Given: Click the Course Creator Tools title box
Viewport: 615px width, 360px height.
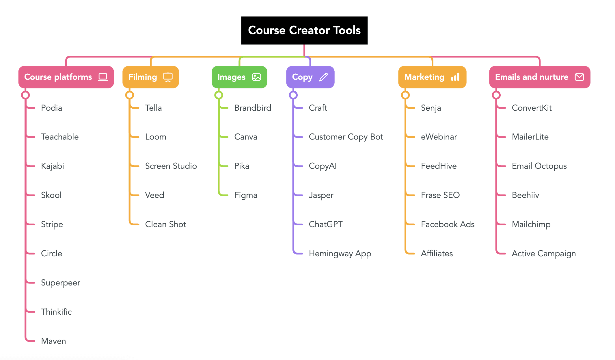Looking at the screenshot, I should [304, 30].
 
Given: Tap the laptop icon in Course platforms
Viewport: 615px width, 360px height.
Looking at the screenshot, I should [103, 77].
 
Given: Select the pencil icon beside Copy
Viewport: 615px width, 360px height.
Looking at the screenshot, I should [323, 77].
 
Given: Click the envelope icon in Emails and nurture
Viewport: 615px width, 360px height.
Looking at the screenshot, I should [579, 77].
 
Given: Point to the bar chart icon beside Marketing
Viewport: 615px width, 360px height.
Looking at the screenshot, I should [455, 77].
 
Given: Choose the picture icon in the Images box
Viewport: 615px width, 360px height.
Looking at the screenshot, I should [256, 77].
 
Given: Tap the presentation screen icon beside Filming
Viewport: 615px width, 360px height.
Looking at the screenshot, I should [168, 77].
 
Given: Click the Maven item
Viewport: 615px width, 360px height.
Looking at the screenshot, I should [53, 341].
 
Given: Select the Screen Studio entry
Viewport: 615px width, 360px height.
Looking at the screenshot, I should [171, 166].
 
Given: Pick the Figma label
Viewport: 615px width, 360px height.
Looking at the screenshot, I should [246, 195].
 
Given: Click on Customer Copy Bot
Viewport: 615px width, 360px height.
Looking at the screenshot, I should [346, 137].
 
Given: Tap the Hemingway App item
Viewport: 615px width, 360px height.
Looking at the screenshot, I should [340, 253].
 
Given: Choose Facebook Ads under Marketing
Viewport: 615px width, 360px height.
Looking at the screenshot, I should [448, 224].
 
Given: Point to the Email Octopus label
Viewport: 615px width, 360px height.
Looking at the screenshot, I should [539, 166].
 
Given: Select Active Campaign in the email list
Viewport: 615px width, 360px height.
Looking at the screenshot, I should [544, 253].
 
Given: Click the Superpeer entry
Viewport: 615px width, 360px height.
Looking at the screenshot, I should [61, 283].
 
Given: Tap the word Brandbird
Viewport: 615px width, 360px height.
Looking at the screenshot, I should [253, 108].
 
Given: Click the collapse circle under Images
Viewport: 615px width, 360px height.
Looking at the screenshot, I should [219, 95].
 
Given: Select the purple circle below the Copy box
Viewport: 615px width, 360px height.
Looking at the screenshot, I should [293, 95].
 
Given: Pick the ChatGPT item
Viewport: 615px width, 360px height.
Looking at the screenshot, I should [326, 224].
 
